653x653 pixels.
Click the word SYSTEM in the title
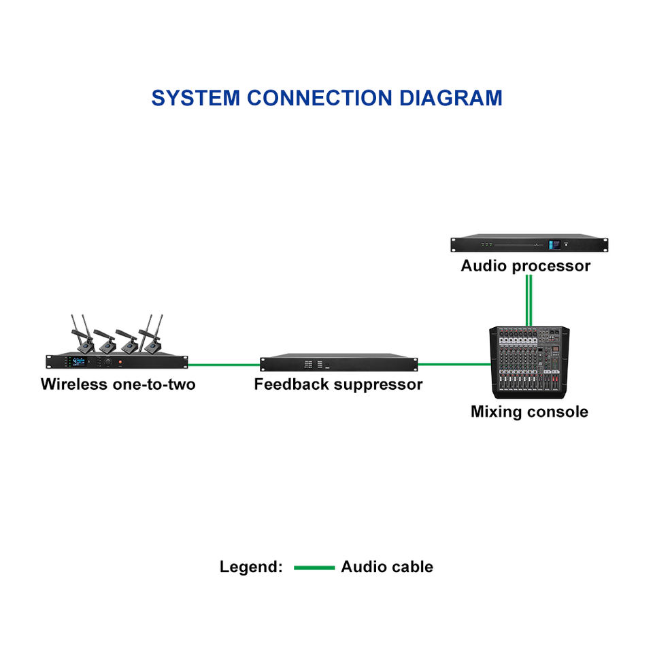click(196, 98)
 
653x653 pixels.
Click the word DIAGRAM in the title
click(450, 98)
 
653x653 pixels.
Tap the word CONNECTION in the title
click(320, 98)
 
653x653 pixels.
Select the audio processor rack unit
click(529, 244)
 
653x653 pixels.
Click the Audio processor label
click(526, 266)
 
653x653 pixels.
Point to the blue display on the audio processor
click(554, 245)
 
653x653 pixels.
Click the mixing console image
click(529, 363)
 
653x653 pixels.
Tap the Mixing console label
click(529, 412)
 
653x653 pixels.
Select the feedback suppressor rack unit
click(339, 363)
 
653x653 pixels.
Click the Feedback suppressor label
click(338, 384)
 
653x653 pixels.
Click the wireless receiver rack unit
click(116, 361)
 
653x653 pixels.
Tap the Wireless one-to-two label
click(118, 384)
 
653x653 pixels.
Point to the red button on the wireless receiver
click(120, 363)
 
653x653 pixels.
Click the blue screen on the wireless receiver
click(79, 361)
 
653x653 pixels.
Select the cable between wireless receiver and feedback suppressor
click(224, 365)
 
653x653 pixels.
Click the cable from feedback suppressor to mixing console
click(454, 365)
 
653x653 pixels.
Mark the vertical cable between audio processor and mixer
click(529, 300)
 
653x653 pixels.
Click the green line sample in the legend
click(314, 567)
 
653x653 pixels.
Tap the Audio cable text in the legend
click(387, 567)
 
